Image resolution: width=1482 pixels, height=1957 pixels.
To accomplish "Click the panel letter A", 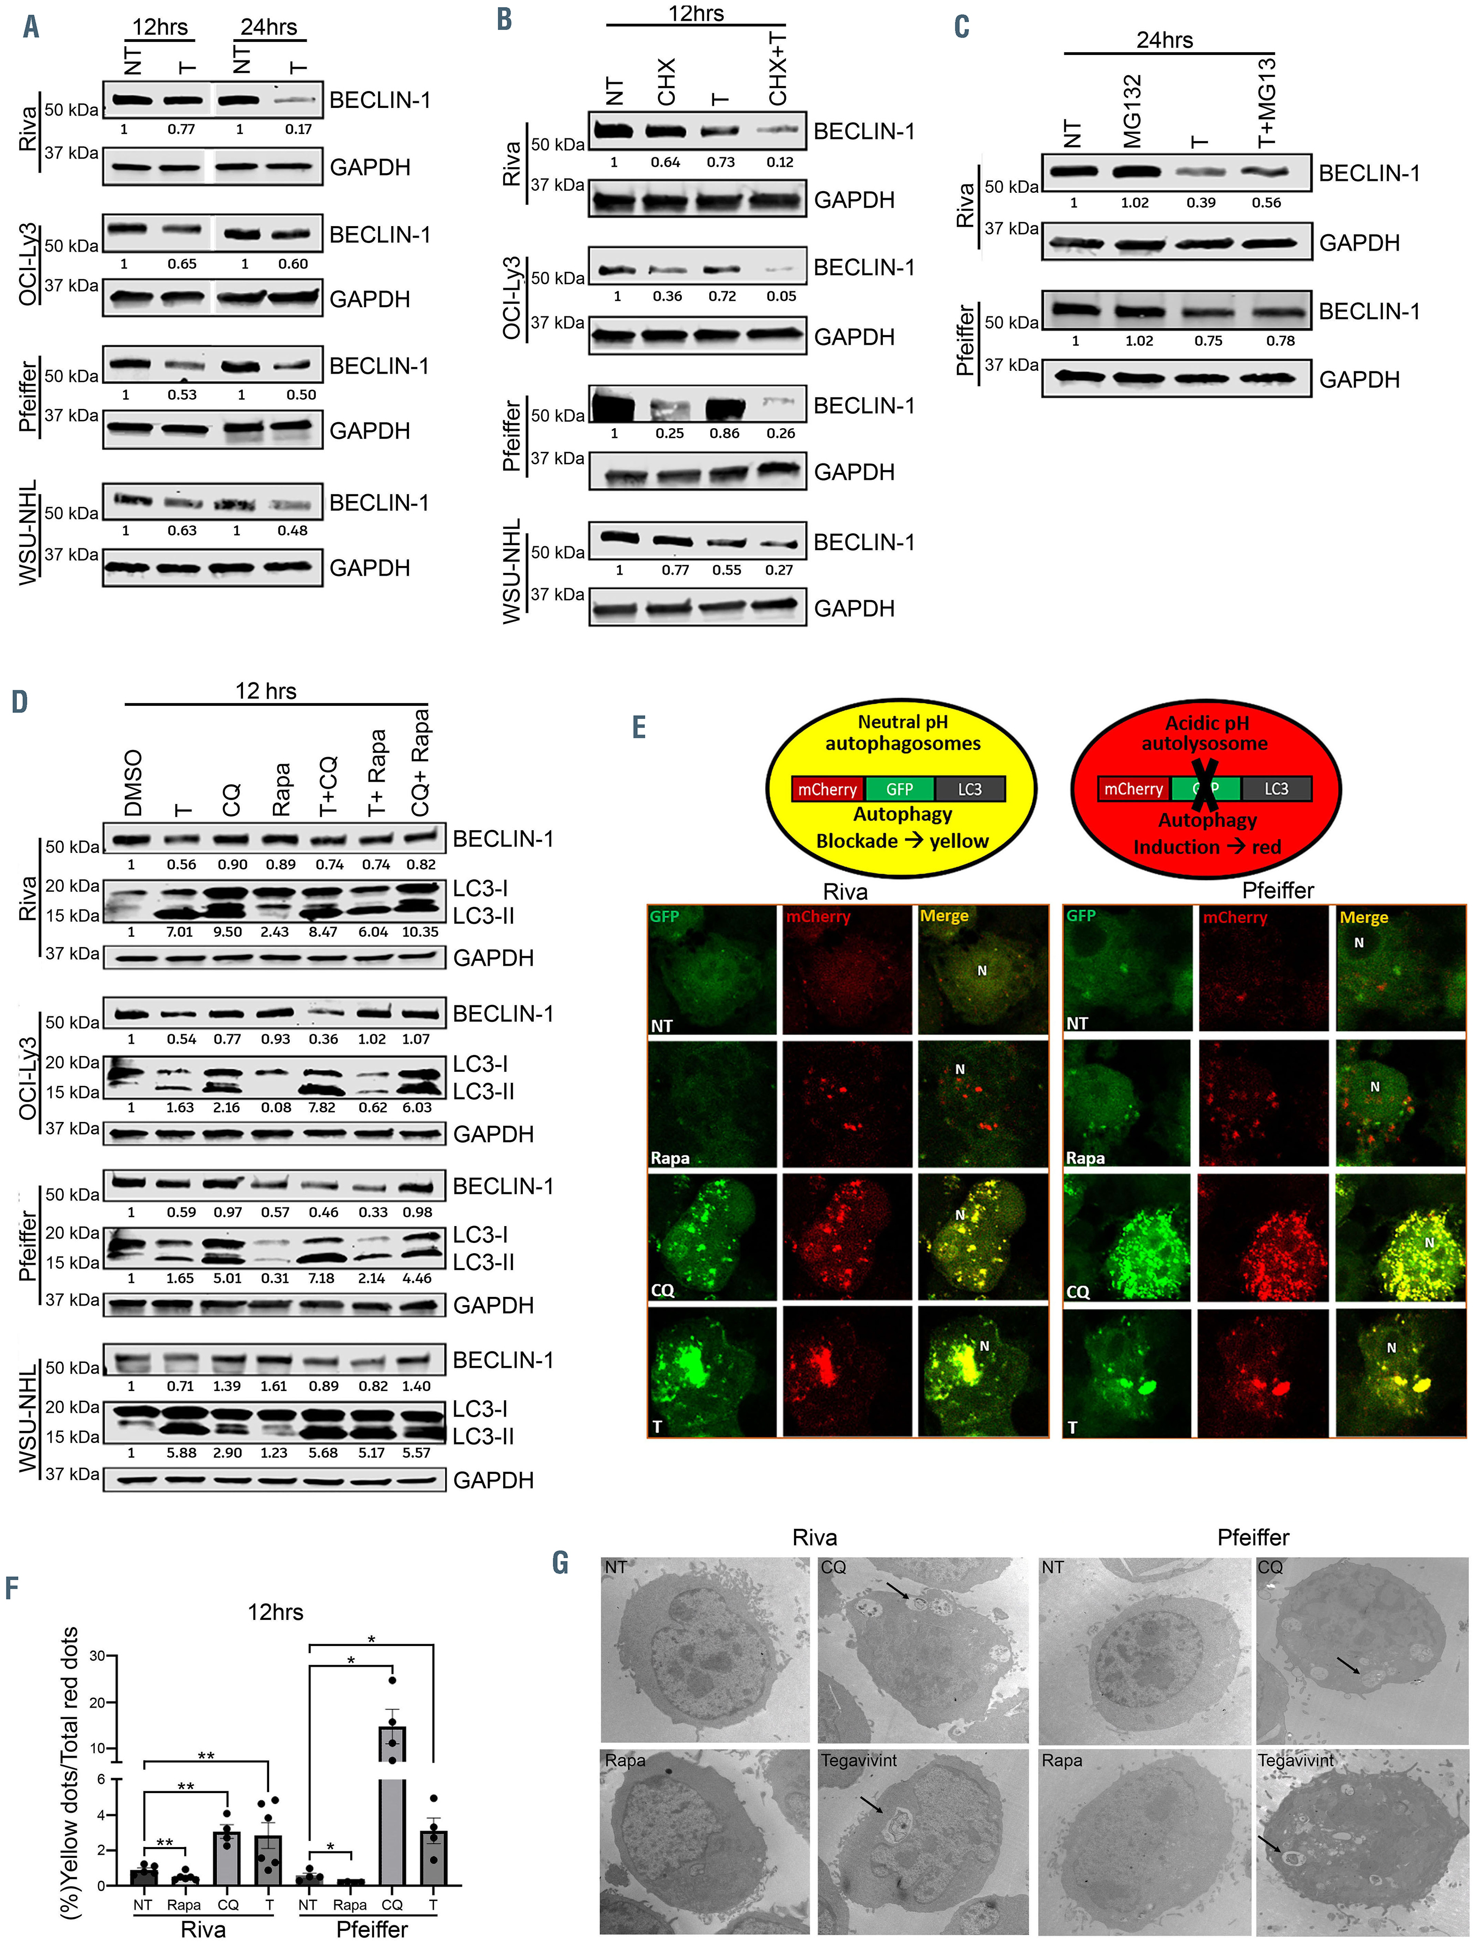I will pyautogui.click(x=31, y=27).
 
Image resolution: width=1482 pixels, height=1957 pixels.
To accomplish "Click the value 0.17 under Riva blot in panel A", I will pyautogui.click(x=298, y=129).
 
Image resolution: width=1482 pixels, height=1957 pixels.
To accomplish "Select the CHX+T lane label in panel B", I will pyautogui.click(x=778, y=67).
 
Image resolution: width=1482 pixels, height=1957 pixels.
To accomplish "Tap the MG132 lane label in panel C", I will pyautogui.click(x=1132, y=111).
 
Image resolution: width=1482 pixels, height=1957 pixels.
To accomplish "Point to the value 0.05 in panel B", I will pyautogui.click(x=781, y=296).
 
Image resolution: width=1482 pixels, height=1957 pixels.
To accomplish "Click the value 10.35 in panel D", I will pyautogui.click(x=419, y=931).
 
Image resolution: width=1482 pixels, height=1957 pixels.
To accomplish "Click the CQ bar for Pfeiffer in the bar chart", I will pyautogui.click(x=392, y=1805).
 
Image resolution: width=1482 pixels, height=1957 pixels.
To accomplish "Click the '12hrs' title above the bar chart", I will pyautogui.click(x=275, y=1612).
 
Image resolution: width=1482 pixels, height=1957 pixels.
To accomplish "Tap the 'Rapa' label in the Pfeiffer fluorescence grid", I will pyautogui.click(x=1085, y=1158).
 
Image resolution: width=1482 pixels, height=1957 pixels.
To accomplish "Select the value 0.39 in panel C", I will pyautogui.click(x=1200, y=203).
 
